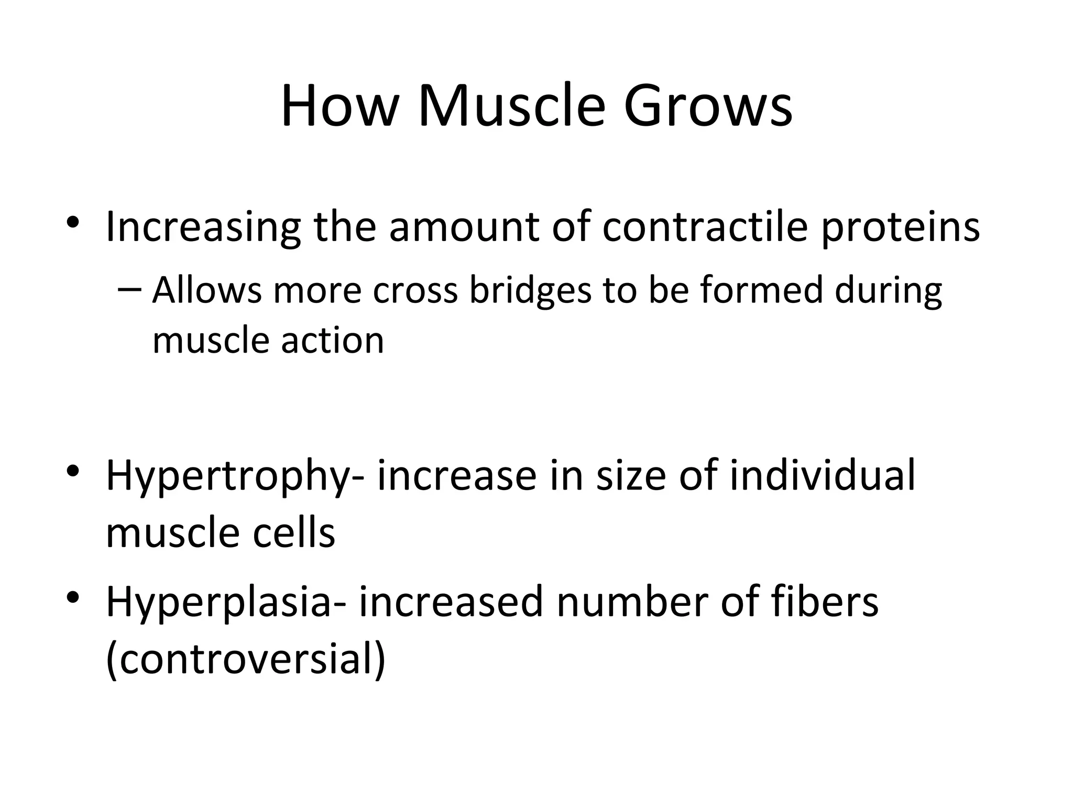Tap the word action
click(333, 341)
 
